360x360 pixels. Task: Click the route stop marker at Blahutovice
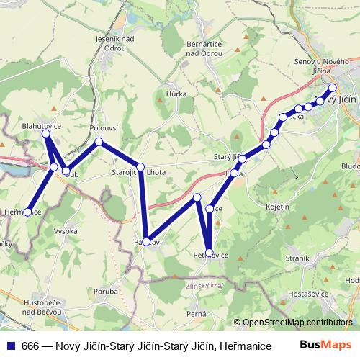coord(46,135)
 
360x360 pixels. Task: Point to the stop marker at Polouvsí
coord(99,142)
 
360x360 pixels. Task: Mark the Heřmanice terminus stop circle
coord(28,212)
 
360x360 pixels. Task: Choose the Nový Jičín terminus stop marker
coord(333,88)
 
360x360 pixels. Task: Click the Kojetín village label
coord(277,206)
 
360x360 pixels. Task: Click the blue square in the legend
coord(9,345)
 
